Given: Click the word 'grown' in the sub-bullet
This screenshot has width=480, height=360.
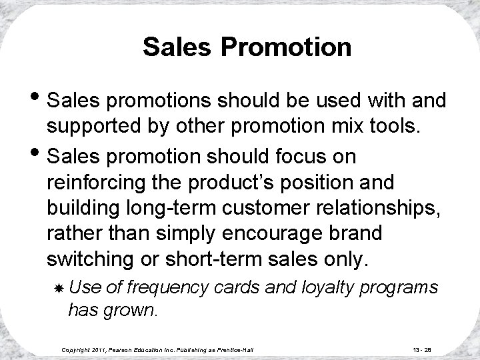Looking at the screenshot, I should [134, 309].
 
